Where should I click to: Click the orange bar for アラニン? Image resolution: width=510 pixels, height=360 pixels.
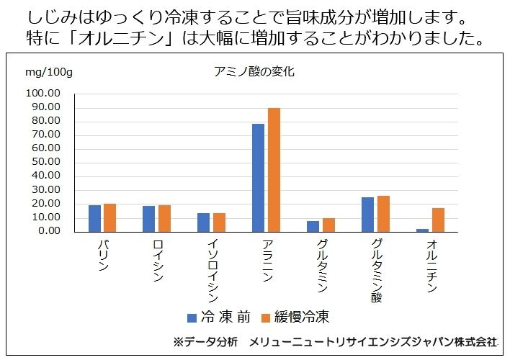pyautogui.click(x=274, y=170)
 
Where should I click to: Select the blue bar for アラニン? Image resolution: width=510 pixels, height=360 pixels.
pyautogui.click(x=258, y=178)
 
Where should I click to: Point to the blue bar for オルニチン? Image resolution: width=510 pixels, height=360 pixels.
pyautogui.click(x=422, y=230)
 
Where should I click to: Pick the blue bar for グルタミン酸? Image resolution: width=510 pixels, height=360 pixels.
pyautogui.click(x=367, y=215)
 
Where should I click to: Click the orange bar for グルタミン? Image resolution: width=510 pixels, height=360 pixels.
pyautogui.click(x=329, y=225)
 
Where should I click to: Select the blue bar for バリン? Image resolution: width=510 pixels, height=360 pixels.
pyautogui.click(x=94, y=218)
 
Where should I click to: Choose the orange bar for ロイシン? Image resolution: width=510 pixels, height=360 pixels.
pyautogui.click(x=164, y=218)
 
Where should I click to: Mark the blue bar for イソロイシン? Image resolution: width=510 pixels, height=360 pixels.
pyautogui.click(x=203, y=222)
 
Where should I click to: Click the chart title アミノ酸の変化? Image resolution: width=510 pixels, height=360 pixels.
pyautogui.click(x=255, y=71)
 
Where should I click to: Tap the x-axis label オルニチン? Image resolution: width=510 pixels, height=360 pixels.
pyautogui.click(x=431, y=266)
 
